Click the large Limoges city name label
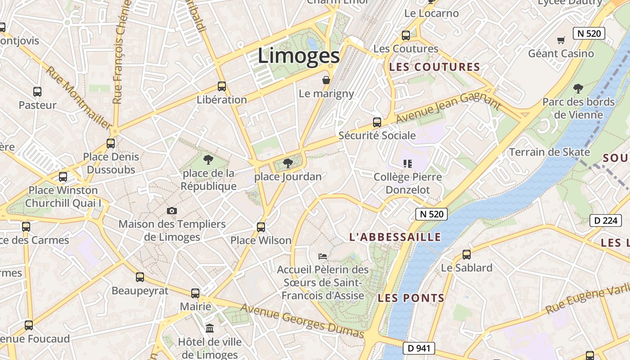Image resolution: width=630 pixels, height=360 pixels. click(299, 56)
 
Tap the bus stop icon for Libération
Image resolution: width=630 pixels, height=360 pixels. click(222, 86)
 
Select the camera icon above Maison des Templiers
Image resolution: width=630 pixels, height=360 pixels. click(171, 211)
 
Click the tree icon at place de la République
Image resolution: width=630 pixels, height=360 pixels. click(208, 159)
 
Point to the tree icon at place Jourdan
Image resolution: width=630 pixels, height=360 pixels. click(288, 163)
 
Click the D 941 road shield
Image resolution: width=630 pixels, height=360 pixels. click(419, 348)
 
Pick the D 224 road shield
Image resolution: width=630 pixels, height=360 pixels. click(602, 220)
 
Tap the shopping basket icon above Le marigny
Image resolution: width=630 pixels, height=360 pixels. click(326, 80)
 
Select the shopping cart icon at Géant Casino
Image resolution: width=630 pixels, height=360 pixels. click(561, 40)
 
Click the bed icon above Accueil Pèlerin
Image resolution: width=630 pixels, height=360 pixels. click(323, 256)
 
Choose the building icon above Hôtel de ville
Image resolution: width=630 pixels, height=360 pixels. click(210, 328)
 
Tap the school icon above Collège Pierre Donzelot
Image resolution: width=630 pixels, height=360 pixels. click(408, 163)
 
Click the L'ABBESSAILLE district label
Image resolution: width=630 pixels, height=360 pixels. click(395, 237)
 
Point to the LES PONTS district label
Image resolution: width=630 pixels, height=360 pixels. click(411, 298)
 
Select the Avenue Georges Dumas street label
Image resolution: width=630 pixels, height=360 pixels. click(302, 320)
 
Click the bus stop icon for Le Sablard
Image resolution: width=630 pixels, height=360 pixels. click(467, 254)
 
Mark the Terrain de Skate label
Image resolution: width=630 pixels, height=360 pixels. click(549, 152)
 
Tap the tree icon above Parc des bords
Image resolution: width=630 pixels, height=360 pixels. click(578, 88)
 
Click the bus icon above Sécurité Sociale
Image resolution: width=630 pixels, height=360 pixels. click(377, 122)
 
